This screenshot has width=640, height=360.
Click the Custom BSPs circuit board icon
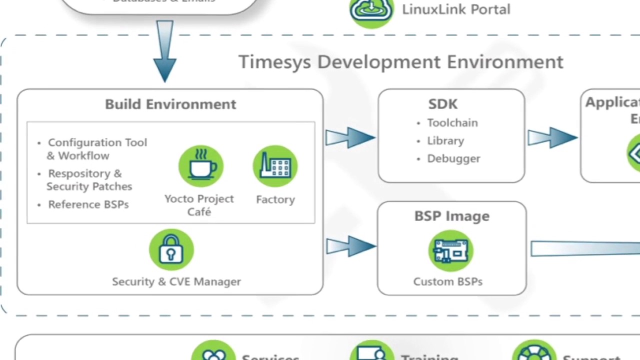coord(450,251)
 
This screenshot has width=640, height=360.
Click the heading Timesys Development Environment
coord(400,62)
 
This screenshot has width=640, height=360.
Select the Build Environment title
coord(170,104)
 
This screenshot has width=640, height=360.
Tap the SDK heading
coord(442,104)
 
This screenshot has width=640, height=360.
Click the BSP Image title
coord(451,216)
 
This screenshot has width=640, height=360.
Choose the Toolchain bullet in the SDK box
coord(452,122)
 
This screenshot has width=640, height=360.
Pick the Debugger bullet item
coord(453,158)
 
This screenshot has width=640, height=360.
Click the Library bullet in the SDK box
coord(445,140)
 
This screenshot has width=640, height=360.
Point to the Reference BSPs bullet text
coord(88,204)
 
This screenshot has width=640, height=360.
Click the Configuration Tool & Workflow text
coord(97,149)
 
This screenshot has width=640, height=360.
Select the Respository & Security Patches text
coord(89,180)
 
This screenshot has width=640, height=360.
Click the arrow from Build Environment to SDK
coord(350,137)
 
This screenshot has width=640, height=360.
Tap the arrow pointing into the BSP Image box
coord(350,246)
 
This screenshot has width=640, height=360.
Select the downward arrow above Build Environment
coord(165,50)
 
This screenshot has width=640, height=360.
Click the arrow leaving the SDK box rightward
coord(552,137)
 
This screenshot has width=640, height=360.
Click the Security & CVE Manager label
coord(176,281)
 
